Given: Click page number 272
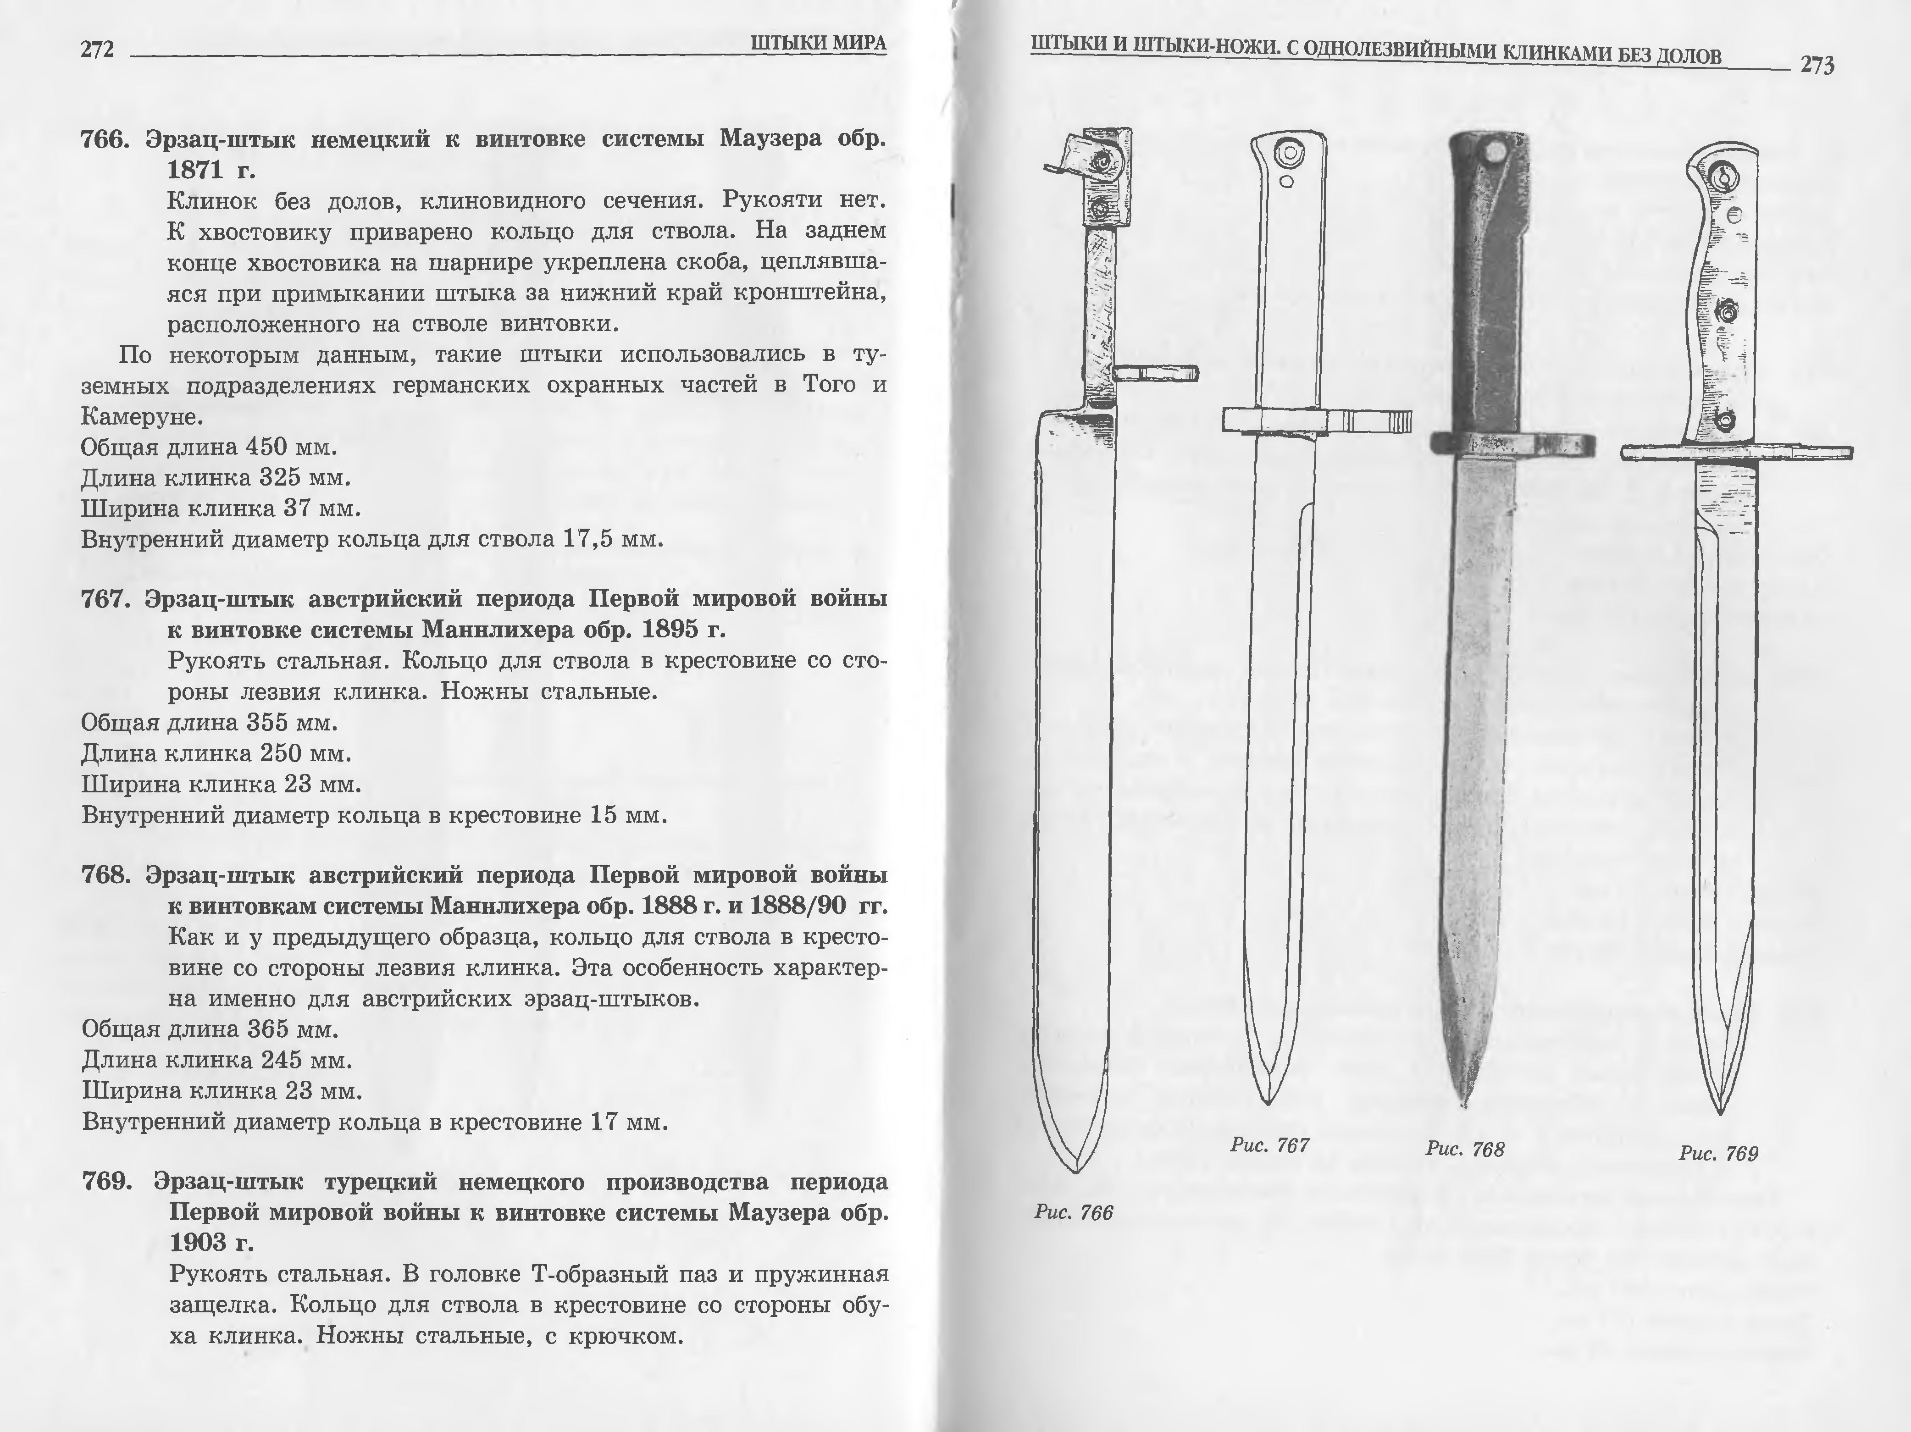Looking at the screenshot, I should [97, 50].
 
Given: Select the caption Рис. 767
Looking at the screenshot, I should [1269, 1145].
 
